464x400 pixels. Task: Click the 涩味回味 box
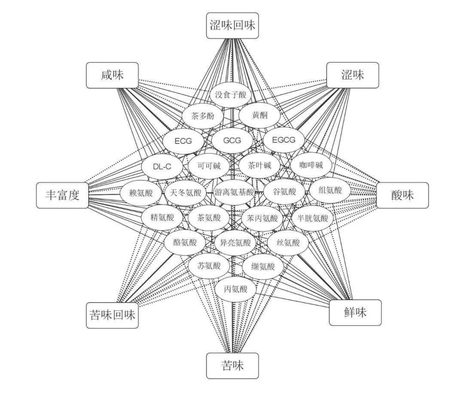coord(232,25)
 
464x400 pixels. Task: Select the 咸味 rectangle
coord(112,76)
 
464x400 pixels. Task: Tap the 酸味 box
coord(403,195)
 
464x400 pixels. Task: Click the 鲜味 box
coord(355,312)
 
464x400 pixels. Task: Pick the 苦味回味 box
coord(112,315)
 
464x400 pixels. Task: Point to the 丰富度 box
coord(63,195)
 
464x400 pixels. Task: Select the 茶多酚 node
coord(201,116)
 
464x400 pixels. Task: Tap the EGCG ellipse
coord(284,140)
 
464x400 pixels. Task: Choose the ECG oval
coord(183,140)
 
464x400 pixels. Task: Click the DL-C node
coord(162,166)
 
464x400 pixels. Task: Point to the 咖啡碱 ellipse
coord(311,165)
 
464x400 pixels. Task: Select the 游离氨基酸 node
coord(234,192)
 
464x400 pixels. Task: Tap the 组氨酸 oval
coord(330,190)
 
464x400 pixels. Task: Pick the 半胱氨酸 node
coord(312,218)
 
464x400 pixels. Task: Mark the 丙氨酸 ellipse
coord(236,289)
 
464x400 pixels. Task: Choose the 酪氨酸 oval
coord(185,242)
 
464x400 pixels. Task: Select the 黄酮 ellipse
coord(259,115)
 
